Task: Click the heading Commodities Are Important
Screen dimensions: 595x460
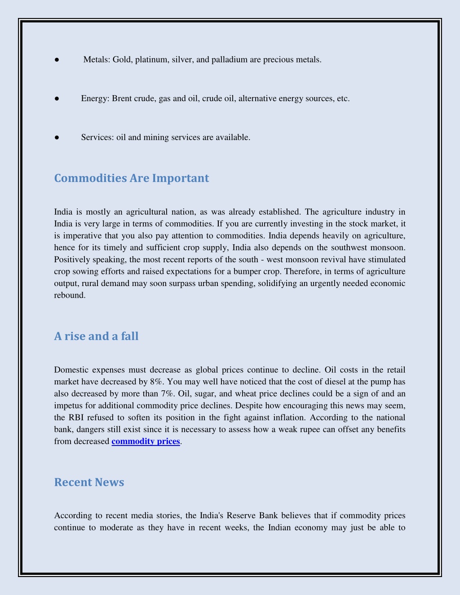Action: [131, 178]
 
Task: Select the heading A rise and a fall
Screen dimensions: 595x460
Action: [96, 336]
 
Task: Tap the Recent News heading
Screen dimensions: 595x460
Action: [89, 482]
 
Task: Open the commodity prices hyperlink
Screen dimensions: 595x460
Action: [146, 441]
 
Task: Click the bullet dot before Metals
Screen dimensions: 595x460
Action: [57, 60]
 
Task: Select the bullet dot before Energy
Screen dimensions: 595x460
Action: [57, 99]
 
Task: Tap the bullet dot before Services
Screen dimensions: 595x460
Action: [57, 137]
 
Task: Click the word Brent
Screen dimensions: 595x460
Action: [122, 99]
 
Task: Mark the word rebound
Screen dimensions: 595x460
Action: [69, 295]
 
